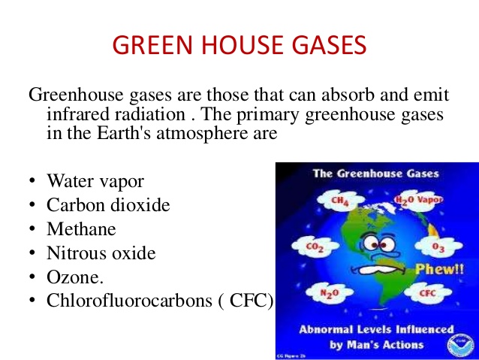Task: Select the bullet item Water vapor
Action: pyautogui.click(x=95, y=181)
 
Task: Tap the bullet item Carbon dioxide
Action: pyautogui.click(x=108, y=204)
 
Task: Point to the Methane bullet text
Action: pyautogui.click(x=81, y=228)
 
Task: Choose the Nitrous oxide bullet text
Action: pyautogui.click(x=101, y=253)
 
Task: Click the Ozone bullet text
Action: pyautogui.click(x=75, y=277)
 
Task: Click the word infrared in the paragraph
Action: pyautogui.click(x=78, y=113)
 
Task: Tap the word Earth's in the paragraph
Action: pyautogui.click(x=123, y=133)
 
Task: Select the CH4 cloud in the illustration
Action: pyautogui.click(x=340, y=201)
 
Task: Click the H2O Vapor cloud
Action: pyautogui.click(x=418, y=200)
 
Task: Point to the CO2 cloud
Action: pyautogui.click(x=315, y=247)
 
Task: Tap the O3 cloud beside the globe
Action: pyautogui.click(x=438, y=247)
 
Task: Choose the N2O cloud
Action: pyautogui.click(x=330, y=293)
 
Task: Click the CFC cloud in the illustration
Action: pyautogui.click(x=428, y=292)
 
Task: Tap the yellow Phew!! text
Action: pyautogui.click(x=440, y=269)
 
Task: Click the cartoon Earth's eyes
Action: pyautogui.click(x=378, y=244)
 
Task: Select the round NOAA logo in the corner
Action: pyautogui.click(x=461, y=345)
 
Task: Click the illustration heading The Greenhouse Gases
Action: pyautogui.click(x=376, y=174)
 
